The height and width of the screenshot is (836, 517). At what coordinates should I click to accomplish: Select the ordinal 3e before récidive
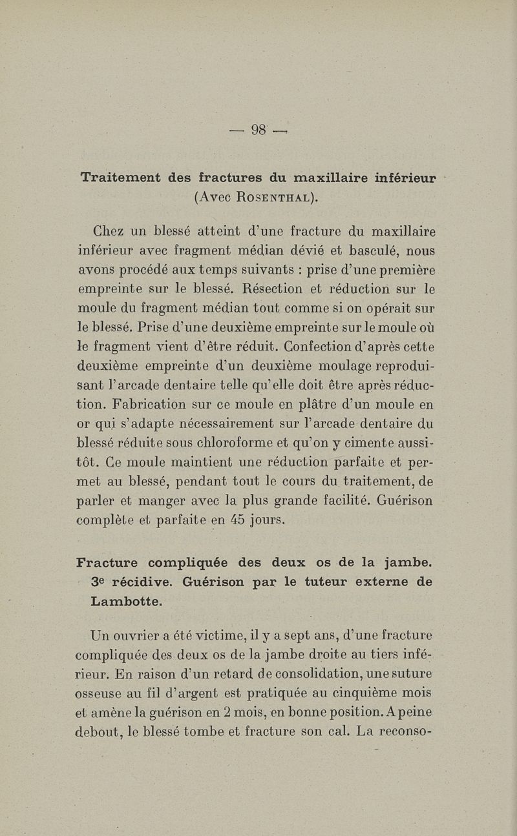point(98,582)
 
